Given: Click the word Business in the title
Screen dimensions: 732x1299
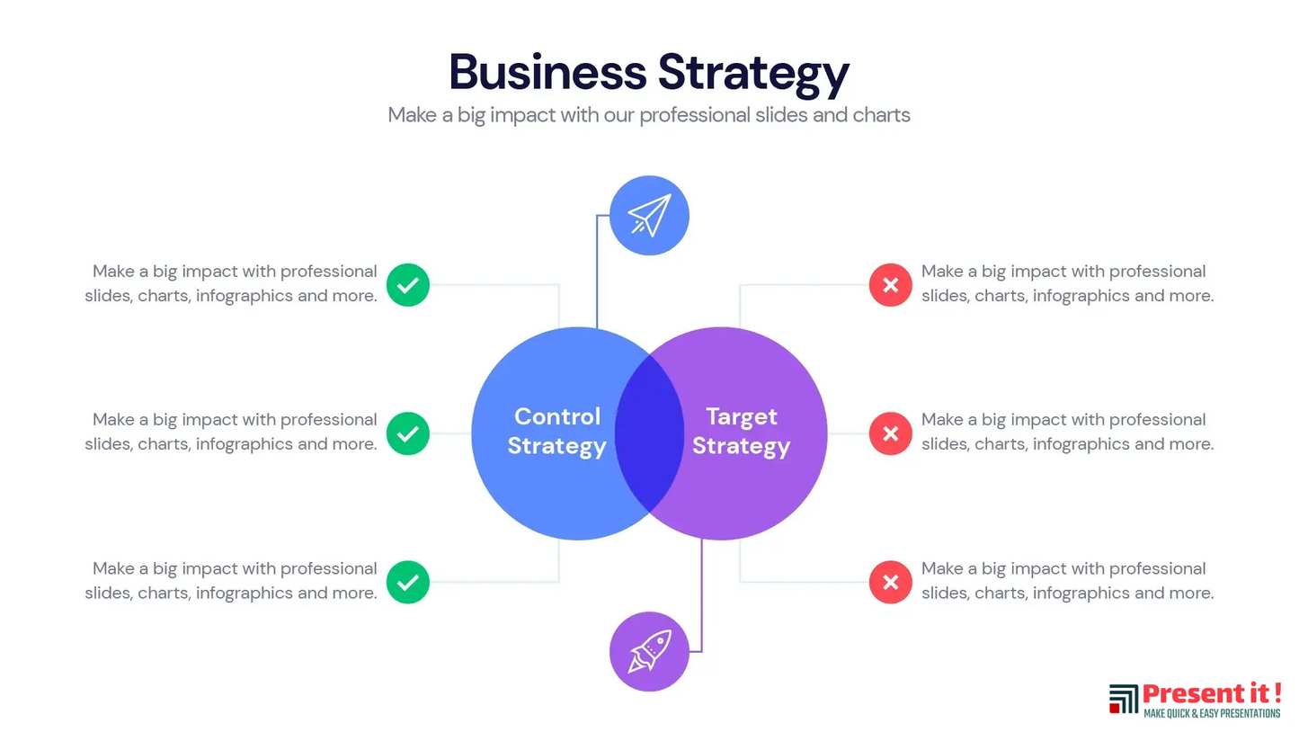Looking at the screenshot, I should click(x=547, y=72).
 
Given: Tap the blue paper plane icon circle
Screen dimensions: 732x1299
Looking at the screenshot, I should click(x=649, y=216).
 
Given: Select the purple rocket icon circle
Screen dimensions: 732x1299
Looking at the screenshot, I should click(x=649, y=652).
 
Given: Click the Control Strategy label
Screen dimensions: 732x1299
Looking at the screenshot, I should click(x=556, y=431).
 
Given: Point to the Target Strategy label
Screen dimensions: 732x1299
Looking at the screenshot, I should click(x=741, y=431).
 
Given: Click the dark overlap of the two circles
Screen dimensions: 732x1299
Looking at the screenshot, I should click(x=649, y=433).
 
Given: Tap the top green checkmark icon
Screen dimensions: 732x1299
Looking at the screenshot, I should click(x=408, y=285).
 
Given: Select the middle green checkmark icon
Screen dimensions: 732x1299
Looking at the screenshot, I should click(x=408, y=433).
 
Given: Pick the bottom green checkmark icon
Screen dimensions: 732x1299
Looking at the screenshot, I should click(x=408, y=582).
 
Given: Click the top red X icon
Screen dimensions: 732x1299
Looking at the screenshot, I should click(x=890, y=285).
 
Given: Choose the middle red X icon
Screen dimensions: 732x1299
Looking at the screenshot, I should click(x=890, y=433).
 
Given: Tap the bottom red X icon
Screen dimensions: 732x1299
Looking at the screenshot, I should click(x=890, y=582).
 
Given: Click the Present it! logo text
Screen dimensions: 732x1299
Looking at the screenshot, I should click(x=1211, y=694).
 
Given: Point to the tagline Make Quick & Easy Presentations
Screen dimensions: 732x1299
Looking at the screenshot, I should click(x=1211, y=713).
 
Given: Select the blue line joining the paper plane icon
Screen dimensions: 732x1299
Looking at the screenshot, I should click(x=597, y=270).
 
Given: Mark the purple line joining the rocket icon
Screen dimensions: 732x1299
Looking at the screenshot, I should click(x=701, y=594).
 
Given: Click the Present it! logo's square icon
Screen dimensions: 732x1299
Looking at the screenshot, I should click(x=1123, y=700).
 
